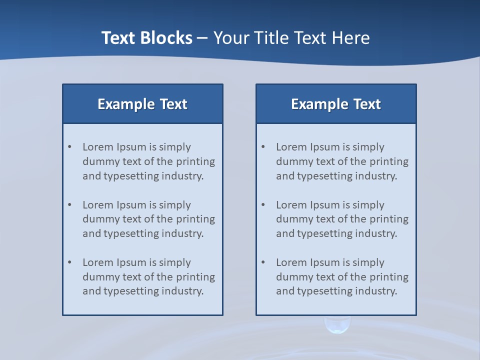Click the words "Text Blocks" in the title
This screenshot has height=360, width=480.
[x=146, y=38]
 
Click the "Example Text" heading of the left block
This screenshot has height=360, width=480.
[x=142, y=104]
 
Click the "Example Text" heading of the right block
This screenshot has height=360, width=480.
[x=336, y=104]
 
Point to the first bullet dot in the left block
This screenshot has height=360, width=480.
[x=70, y=147]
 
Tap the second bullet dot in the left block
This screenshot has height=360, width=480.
[x=70, y=205]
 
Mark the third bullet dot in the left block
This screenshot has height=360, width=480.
[x=70, y=262]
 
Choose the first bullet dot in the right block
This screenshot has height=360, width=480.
[x=263, y=147]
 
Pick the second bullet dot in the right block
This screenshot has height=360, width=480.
[x=263, y=205]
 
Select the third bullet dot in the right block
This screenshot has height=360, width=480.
[x=263, y=262]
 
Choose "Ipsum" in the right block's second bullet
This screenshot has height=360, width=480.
[x=325, y=205]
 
